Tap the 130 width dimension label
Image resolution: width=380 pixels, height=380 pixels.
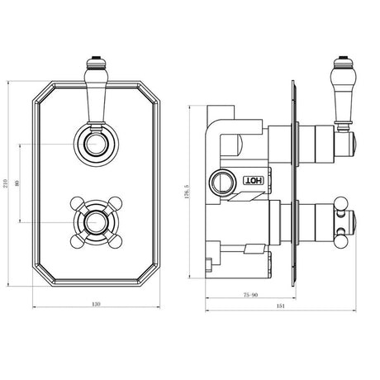tap(97, 306)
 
